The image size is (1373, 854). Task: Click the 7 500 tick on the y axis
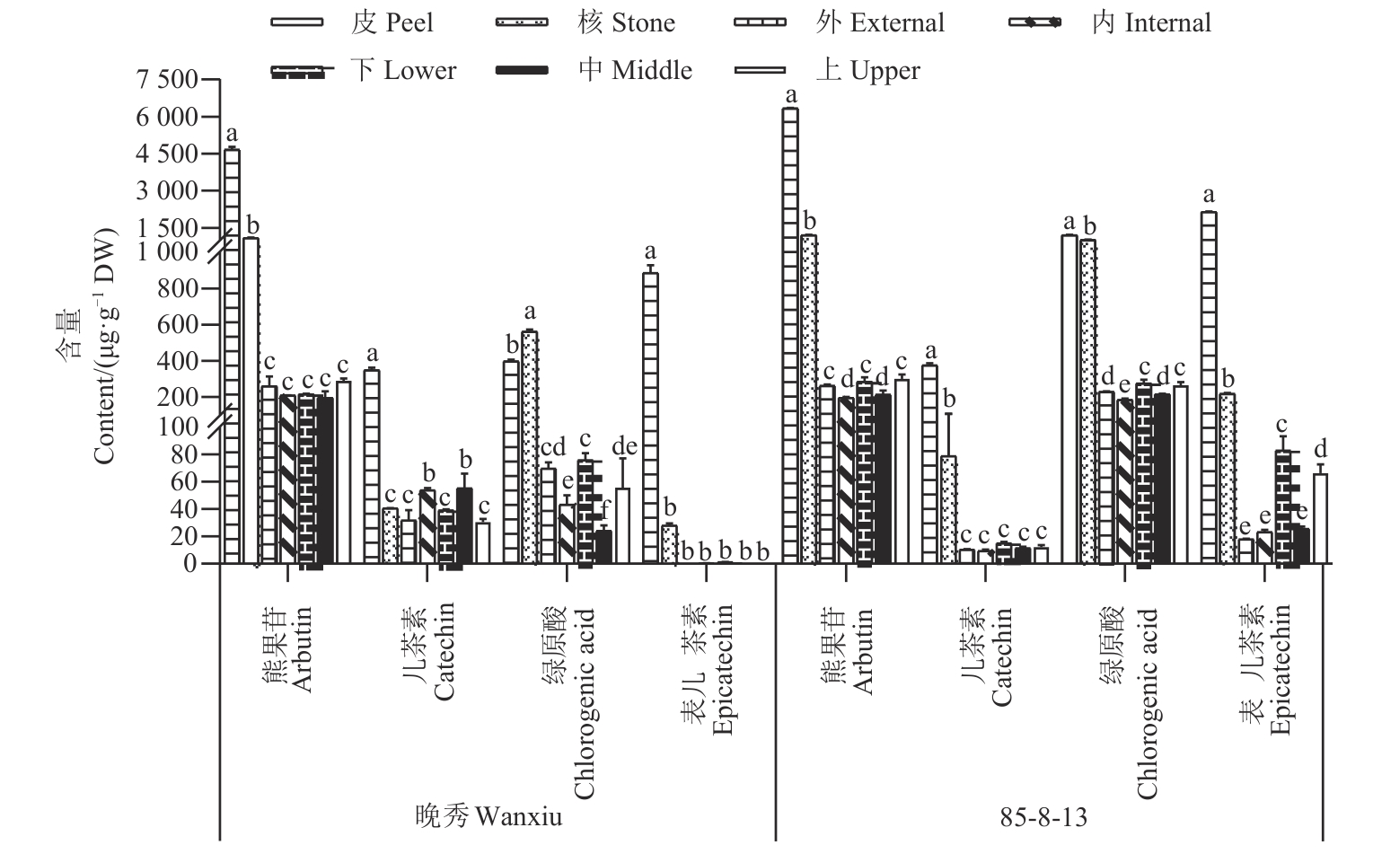(x=165, y=80)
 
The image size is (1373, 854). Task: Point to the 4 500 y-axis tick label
(x=165, y=154)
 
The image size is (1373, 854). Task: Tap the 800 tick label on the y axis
(x=176, y=289)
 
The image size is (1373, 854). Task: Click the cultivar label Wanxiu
(x=489, y=816)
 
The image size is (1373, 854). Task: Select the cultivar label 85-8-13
(x=1043, y=816)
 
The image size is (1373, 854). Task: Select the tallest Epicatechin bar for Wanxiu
(x=650, y=418)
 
